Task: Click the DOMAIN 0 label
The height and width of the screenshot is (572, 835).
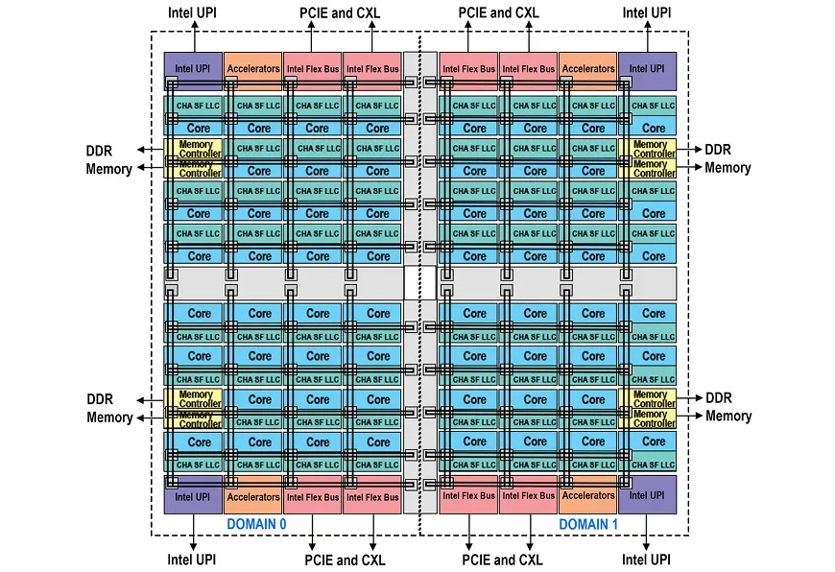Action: click(256, 524)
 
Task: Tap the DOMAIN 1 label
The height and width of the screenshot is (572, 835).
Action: click(589, 524)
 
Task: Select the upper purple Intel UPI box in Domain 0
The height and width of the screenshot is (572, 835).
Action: click(192, 69)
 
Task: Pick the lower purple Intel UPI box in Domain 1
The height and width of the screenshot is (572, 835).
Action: click(647, 495)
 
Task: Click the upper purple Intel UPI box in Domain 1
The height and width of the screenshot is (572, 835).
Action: click(647, 69)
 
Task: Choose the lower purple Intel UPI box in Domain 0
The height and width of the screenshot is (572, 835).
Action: click(192, 496)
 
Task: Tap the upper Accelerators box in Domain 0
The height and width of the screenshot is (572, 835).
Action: click(252, 69)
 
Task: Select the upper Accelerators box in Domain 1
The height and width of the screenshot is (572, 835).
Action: click(587, 69)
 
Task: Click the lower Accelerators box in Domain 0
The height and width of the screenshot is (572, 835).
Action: click(252, 496)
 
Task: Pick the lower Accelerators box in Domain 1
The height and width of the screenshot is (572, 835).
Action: click(587, 495)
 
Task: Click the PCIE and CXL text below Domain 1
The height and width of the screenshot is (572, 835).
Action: click(502, 560)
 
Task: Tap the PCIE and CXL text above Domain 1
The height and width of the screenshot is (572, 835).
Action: click(500, 13)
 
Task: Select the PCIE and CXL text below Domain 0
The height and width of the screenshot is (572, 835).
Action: click(346, 560)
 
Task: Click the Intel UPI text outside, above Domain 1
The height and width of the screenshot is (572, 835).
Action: click(647, 13)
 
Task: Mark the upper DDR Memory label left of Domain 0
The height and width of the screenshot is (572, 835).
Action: click(109, 159)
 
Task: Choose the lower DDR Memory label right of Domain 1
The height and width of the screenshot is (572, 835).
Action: click(728, 407)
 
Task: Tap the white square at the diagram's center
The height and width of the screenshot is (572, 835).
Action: click(413, 282)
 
